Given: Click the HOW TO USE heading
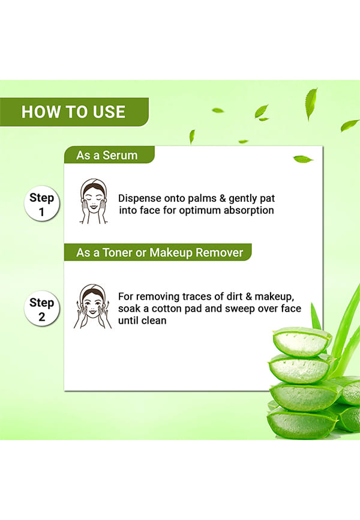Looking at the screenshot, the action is [73, 112].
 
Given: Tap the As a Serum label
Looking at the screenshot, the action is [107, 155].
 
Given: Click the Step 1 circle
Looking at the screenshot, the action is [42, 204].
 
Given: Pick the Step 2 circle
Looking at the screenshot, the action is [42, 309].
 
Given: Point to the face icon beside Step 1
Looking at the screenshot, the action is [94, 201].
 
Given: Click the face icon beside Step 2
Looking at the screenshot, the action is [93, 306].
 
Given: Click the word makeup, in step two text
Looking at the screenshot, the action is [274, 297].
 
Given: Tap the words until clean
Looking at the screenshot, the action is [142, 321].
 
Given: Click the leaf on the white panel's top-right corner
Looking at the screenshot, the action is [302, 159].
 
